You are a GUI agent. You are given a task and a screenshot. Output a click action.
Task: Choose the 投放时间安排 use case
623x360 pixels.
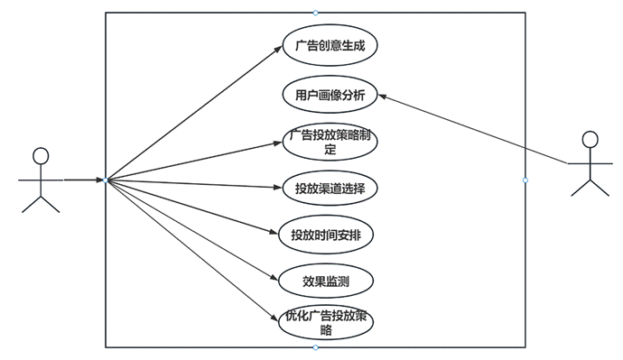pyautogui.click(x=327, y=235)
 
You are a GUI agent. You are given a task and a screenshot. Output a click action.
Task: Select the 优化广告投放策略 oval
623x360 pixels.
pyautogui.click(x=326, y=323)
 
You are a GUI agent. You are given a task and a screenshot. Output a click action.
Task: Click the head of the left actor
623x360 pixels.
pyautogui.click(x=41, y=155)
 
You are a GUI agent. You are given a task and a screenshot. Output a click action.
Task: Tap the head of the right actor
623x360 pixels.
pyautogui.click(x=590, y=140)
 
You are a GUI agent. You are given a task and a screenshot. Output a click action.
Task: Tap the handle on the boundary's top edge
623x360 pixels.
pyautogui.click(x=315, y=13)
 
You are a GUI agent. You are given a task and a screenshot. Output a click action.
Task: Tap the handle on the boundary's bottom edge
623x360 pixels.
pyautogui.click(x=315, y=347)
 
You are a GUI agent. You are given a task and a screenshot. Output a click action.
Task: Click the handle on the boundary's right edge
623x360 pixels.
pyautogui.click(x=525, y=180)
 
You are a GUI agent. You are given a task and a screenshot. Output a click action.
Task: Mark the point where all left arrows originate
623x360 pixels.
pyautogui.click(x=106, y=180)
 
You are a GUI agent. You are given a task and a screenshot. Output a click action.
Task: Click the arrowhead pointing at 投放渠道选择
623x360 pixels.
pyautogui.click(x=279, y=188)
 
